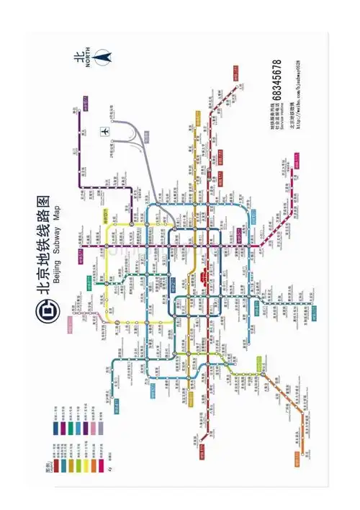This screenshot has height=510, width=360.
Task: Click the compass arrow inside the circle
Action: [105, 55]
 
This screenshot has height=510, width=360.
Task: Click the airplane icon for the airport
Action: [106, 132]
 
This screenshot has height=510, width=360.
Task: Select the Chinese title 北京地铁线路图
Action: [42, 245]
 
